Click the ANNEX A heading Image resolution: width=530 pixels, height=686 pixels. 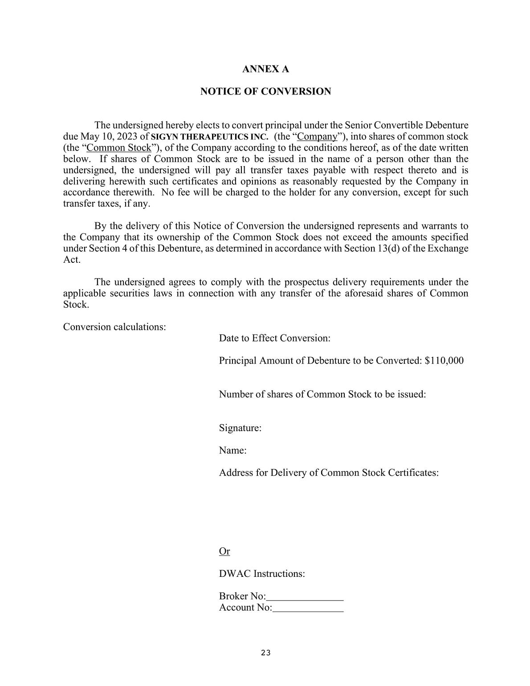(x=265, y=69)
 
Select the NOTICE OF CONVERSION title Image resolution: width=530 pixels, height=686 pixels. (x=265, y=91)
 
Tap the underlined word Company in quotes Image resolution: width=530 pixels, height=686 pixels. (x=317, y=137)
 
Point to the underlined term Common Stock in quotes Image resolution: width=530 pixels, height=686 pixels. (x=118, y=148)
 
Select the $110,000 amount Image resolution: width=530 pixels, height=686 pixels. (x=444, y=360)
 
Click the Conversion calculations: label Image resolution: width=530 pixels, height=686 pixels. (x=114, y=327)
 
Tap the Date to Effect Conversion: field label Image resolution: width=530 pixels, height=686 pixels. (x=274, y=338)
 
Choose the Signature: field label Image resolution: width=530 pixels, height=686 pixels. (x=240, y=428)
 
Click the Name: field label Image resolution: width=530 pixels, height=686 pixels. (x=232, y=450)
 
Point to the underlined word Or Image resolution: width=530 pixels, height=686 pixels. (x=224, y=551)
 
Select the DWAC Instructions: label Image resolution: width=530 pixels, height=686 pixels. (x=262, y=573)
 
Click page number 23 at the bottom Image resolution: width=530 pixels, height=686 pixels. (x=265, y=653)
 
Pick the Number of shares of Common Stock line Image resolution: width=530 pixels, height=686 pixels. (x=322, y=394)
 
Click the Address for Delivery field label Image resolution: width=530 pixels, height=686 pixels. (x=329, y=473)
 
